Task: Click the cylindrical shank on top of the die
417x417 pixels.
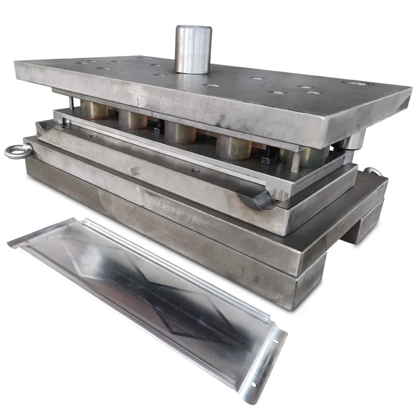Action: [x=192, y=49]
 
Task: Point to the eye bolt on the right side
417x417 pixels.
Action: [x=371, y=172]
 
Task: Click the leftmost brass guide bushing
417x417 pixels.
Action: [x=94, y=111]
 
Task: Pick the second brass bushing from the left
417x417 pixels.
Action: [x=133, y=119]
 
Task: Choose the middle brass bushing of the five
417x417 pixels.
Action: [x=180, y=132]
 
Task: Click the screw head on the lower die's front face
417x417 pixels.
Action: [x=135, y=171]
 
